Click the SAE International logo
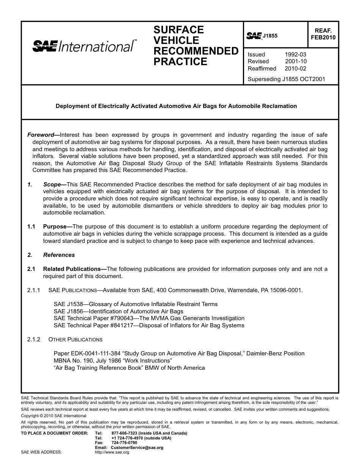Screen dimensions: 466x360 point(85,46)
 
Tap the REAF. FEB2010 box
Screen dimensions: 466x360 point(323,34)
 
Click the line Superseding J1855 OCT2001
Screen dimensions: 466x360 point(286,80)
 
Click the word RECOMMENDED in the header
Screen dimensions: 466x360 point(196,51)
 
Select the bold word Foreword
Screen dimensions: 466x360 point(41,135)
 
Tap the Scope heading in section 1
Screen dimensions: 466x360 point(52,185)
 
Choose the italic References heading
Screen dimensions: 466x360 point(59,255)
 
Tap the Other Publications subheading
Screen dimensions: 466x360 point(75,339)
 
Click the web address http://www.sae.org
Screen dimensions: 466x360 point(112,452)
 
